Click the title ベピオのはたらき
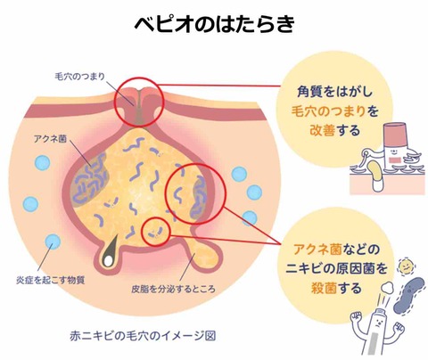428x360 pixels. [215, 24]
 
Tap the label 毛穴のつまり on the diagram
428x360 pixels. [80, 77]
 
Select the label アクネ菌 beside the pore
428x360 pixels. [50, 139]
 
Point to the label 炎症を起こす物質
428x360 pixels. [51, 280]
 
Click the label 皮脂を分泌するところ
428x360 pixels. [173, 289]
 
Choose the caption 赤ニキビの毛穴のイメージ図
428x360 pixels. [143, 336]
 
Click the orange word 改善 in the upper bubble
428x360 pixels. [323, 130]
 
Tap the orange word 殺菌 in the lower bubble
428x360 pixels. [324, 288]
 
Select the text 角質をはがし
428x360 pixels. [334, 92]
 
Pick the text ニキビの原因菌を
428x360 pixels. [337, 268]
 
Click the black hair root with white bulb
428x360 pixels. [110, 251]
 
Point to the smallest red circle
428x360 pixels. [155, 232]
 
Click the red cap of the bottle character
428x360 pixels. [395, 130]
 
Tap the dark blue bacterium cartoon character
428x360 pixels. [409, 295]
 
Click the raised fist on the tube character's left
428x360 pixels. [357, 319]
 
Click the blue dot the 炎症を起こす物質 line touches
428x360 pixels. [53, 241]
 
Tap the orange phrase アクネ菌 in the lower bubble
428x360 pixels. [317, 250]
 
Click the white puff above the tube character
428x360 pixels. [387, 287]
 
